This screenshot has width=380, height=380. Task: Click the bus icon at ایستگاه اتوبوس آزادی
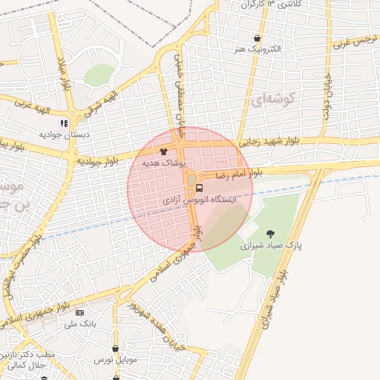click(199, 188)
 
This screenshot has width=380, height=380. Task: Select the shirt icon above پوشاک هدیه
click(174, 151)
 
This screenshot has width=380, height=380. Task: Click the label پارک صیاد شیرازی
click(270, 244)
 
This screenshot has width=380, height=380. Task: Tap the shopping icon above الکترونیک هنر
click(257, 39)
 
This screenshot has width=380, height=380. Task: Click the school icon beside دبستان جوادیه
click(65, 123)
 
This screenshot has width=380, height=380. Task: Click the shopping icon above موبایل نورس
click(116, 347)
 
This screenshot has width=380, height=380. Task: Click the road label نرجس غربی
click(350, 42)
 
